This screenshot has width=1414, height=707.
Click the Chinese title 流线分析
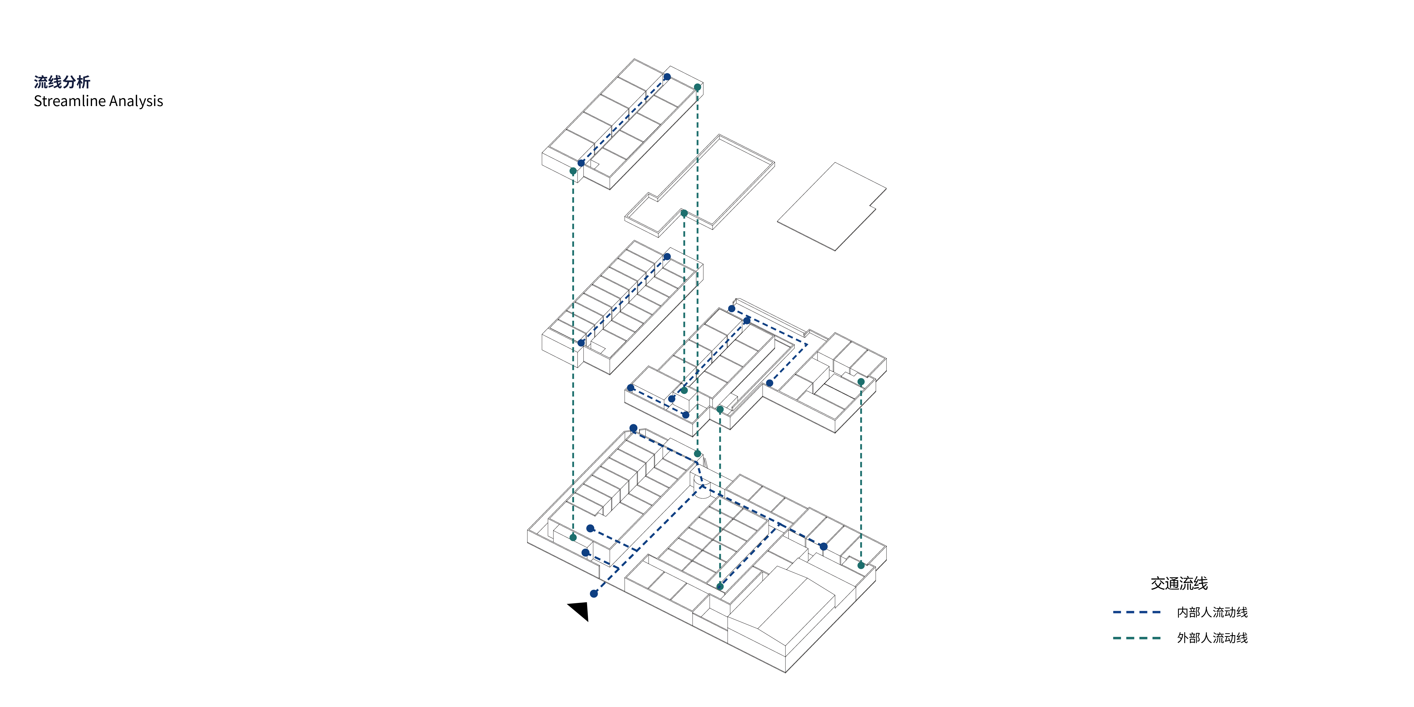point(62,82)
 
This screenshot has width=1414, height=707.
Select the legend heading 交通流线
point(1179,584)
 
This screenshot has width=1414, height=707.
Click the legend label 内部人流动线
point(1212,612)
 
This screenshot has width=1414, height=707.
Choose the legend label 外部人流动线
point(1212,638)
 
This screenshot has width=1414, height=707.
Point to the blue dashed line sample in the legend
point(1137,612)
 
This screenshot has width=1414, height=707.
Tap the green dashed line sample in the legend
point(1137,638)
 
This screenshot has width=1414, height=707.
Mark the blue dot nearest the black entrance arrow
point(594,593)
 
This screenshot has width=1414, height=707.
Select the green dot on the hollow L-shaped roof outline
point(684,213)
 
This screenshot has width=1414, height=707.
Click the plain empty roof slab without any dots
point(832,206)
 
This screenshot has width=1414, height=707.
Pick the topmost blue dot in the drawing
point(667,77)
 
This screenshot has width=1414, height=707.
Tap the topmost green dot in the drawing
point(698,87)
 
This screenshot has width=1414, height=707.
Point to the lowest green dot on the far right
point(861,565)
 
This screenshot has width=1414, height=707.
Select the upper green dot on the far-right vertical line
point(861,381)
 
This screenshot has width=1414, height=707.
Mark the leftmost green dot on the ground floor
point(573,537)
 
